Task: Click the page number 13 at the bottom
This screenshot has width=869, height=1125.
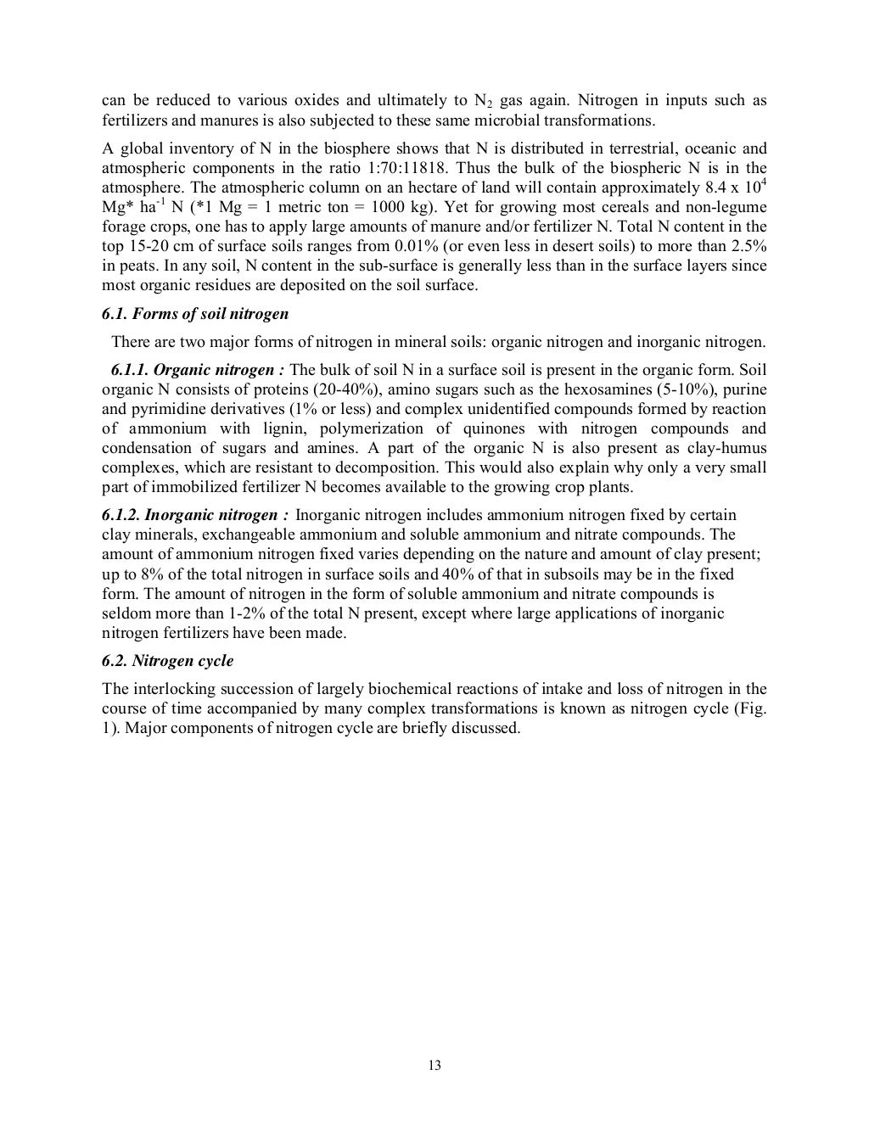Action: [434, 1066]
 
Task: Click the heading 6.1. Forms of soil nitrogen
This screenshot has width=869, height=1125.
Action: [195, 314]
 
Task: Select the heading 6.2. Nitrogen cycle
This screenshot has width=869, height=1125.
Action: [167, 661]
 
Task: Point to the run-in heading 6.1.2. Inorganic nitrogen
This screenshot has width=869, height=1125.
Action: [196, 515]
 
